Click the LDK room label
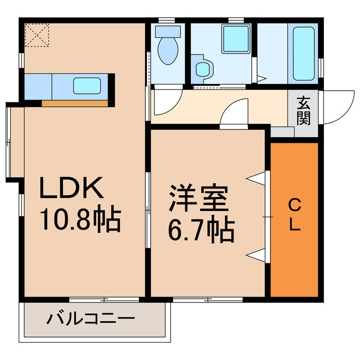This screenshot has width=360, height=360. [x=71, y=188]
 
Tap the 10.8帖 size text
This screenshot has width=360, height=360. [x=79, y=221]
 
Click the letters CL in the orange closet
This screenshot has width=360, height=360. [x=294, y=215]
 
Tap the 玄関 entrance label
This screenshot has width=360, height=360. [x=304, y=110]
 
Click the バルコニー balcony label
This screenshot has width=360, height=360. [x=91, y=319]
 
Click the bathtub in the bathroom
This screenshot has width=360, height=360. [x=304, y=52]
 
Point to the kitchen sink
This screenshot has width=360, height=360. [x=87, y=86]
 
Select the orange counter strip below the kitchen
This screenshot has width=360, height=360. [x=75, y=103]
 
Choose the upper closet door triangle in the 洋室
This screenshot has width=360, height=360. [x=258, y=178]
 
